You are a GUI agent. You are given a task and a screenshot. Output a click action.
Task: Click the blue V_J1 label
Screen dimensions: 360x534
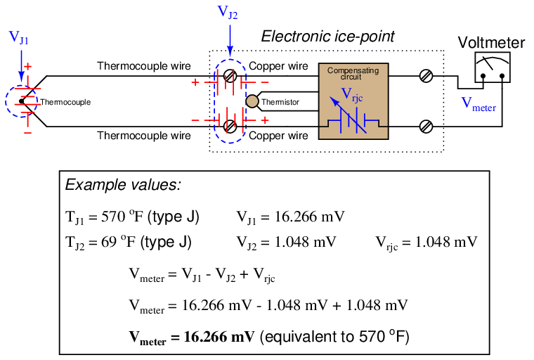pos(19,37)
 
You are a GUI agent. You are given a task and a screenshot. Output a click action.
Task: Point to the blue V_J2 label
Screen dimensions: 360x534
pos(228,11)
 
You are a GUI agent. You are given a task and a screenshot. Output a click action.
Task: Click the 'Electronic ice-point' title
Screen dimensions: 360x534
pos(328,36)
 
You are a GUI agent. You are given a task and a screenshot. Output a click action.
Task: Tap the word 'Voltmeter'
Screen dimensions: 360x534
pos(491,43)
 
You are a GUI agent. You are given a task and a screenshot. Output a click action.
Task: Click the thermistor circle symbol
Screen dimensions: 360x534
pos(251,102)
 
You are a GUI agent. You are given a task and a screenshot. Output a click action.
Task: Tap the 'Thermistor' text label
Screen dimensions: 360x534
pos(280,103)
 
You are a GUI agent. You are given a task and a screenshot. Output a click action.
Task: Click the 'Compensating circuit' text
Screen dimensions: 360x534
pos(353,73)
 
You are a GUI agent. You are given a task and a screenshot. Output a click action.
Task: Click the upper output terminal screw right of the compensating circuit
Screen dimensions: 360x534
pos(424,76)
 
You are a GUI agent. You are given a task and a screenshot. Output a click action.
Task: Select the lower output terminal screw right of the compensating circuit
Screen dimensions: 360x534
pos(424,127)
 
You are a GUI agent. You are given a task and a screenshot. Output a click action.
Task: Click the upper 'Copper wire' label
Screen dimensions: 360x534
pos(278,66)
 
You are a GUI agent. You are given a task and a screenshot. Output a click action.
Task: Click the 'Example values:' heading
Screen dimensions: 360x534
pos(123,185)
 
